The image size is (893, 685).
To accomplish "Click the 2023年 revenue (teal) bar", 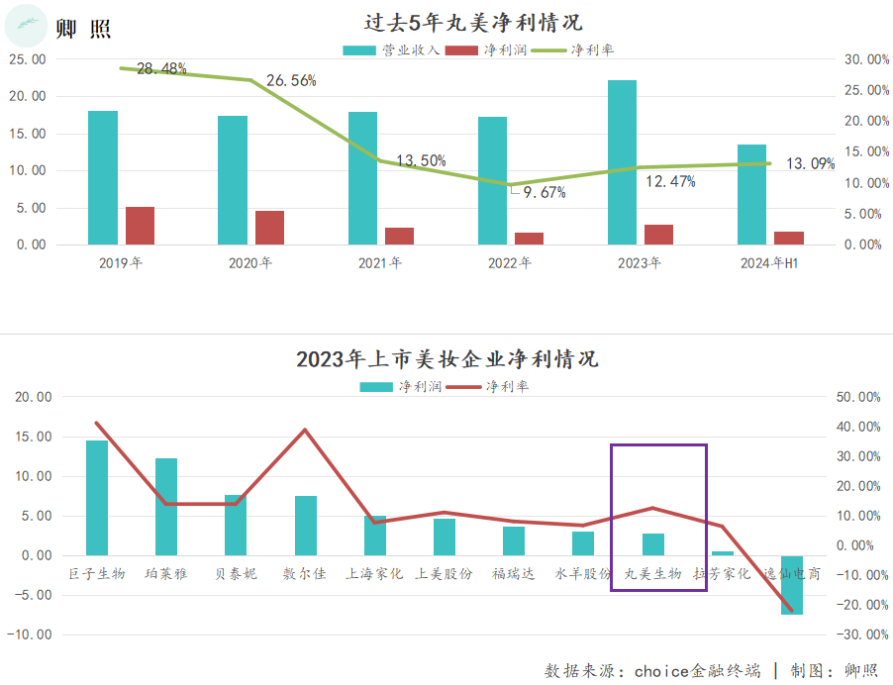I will point(622,162).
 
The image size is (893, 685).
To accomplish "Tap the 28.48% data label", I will point(161,68).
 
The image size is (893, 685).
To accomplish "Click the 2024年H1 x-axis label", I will point(770,263).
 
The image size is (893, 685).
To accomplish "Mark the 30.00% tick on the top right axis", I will point(866,59).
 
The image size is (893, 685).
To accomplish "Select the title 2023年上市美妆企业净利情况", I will point(446,358).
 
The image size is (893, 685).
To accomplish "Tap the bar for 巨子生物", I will point(97,498).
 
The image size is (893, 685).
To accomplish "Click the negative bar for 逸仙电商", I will point(792,585).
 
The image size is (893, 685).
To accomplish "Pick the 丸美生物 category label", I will point(652,573).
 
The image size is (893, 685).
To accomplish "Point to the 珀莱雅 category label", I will point(165,573).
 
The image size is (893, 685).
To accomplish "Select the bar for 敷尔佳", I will point(306,526).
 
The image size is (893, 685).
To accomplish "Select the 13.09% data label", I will point(810,163).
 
